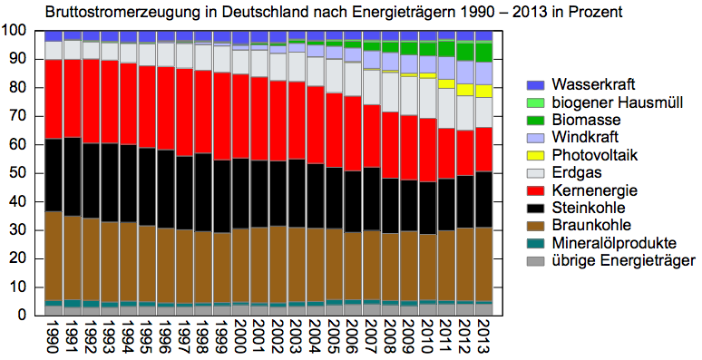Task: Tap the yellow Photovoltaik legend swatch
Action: (x=535, y=155)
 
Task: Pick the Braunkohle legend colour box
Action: (x=535, y=226)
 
